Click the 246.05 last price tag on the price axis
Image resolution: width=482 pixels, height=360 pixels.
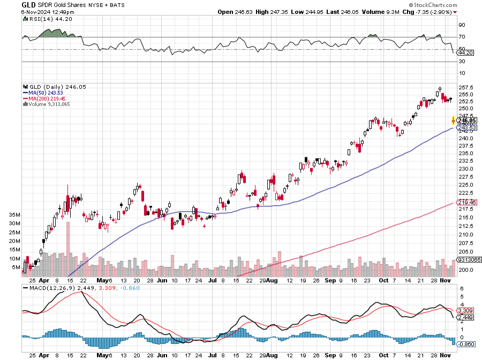click(x=467, y=121)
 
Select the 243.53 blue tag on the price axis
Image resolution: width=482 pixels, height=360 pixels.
click(x=467, y=127)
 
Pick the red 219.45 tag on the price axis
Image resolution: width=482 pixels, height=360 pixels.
click(x=467, y=202)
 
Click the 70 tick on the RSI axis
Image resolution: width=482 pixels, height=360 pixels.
click(x=462, y=37)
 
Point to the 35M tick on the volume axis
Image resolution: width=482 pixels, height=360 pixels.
click(x=15, y=214)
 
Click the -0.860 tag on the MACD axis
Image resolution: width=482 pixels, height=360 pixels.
click(x=466, y=343)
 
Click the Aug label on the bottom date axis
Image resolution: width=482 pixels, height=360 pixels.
click(x=272, y=355)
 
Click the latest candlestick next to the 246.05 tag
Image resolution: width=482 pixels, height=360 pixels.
click(x=454, y=121)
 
